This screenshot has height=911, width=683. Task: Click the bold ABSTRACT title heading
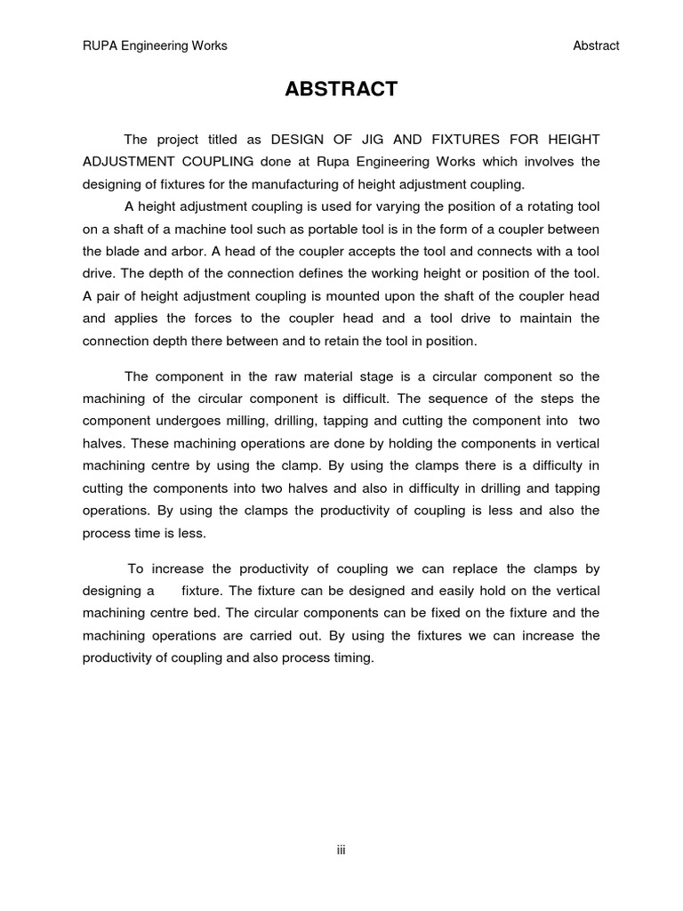[x=341, y=90]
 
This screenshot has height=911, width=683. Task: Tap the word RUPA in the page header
[x=99, y=46]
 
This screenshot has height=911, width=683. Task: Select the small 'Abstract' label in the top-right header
[x=597, y=46]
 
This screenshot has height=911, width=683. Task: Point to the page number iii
[x=341, y=851]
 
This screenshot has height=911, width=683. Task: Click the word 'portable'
[x=336, y=229]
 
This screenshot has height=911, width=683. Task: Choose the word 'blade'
[x=130, y=251]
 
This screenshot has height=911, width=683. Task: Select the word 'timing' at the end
[x=351, y=658]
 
